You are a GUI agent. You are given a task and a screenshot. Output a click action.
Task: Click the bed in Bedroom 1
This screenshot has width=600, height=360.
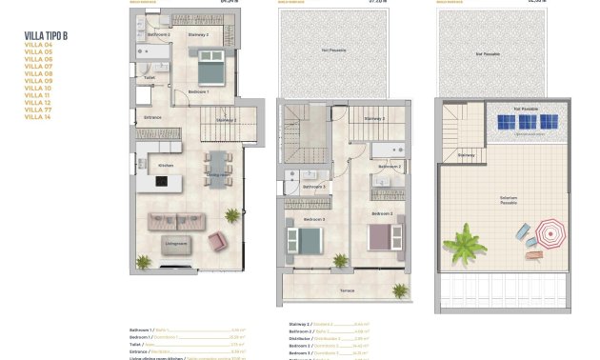[210, 72]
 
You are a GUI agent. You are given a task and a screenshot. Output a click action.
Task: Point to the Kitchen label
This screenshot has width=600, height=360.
[166, 166]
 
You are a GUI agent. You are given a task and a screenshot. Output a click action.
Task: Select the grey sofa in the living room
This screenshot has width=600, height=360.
[176, 223]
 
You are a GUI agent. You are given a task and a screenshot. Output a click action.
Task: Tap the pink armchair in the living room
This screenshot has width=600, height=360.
[217, 242]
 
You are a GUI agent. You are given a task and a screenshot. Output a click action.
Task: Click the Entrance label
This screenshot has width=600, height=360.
[152, 118]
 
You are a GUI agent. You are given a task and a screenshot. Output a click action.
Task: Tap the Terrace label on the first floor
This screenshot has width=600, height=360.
[348, 290]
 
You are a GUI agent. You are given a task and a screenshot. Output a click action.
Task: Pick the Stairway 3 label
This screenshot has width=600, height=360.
[375, 119]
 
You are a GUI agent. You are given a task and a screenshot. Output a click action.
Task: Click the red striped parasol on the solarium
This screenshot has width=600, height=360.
[550, 231]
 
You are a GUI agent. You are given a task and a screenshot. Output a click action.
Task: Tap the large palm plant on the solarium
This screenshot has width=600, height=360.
[466, 242]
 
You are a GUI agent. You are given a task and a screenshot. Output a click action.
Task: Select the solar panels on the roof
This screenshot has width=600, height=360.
[525, 122]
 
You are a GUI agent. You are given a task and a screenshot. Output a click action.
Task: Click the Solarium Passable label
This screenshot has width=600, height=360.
[509, 200]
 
